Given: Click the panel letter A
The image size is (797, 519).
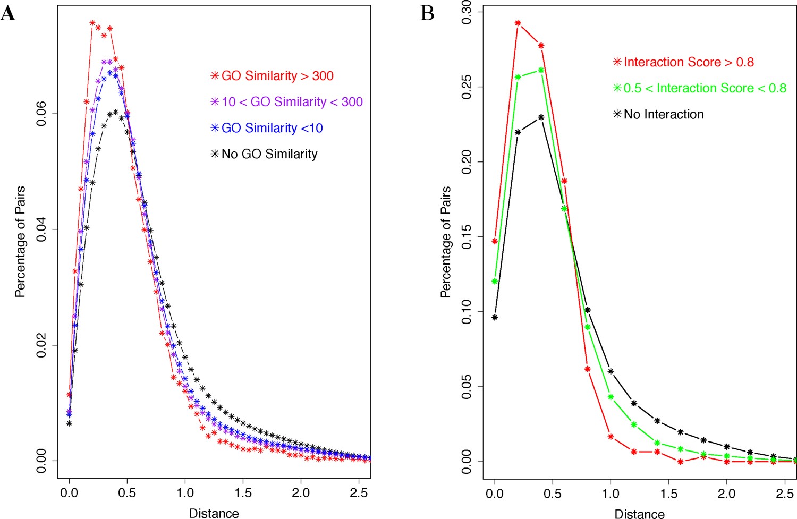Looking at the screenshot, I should (8, 13).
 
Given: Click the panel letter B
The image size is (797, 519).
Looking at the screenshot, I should (427, 13).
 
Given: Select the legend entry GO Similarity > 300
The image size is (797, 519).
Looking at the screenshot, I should (272, 76).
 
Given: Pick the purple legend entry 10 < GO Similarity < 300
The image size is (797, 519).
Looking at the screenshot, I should (287, 102).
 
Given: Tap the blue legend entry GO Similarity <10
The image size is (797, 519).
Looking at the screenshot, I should (267, 128).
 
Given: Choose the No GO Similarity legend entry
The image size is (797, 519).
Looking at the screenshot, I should (264, 154).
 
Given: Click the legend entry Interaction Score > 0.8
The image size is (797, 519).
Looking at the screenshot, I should (683, 62).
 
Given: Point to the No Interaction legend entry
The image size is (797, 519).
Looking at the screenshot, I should (658, 114).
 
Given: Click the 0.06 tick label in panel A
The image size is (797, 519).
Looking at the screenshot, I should (41, 114).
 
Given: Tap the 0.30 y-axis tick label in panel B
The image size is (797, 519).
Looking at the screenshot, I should (467, 12).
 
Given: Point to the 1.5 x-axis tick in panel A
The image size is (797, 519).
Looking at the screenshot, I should (243, 492).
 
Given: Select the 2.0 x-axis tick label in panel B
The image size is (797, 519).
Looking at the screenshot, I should (726, 494).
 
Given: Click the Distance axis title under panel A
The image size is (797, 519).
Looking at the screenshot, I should (214, 513).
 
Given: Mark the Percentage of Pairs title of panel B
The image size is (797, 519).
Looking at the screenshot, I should (445, 242).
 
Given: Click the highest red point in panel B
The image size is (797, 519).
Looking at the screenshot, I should (518, 23).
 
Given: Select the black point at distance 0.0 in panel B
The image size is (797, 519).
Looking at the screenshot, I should (495, 318).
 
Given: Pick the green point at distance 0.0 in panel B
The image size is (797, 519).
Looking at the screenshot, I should (495, 282).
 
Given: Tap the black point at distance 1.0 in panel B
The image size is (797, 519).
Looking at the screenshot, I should (611, 371).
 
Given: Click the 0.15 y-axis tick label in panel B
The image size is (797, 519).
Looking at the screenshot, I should (467, 237).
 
